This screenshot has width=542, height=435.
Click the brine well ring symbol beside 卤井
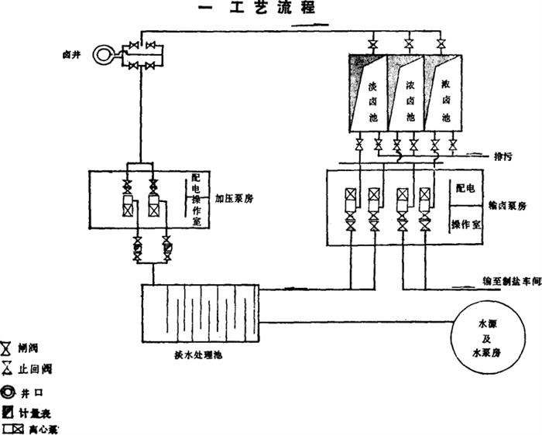click(x=101, y=55)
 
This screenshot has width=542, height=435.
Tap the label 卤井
click(x=72, y=56)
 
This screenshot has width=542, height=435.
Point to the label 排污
click(x=503, y=156)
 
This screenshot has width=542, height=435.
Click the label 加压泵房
click(x=235, y=199)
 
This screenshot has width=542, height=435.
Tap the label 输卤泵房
click(x=508, y=205)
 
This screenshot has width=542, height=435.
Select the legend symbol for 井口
click(x=8, y=392)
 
